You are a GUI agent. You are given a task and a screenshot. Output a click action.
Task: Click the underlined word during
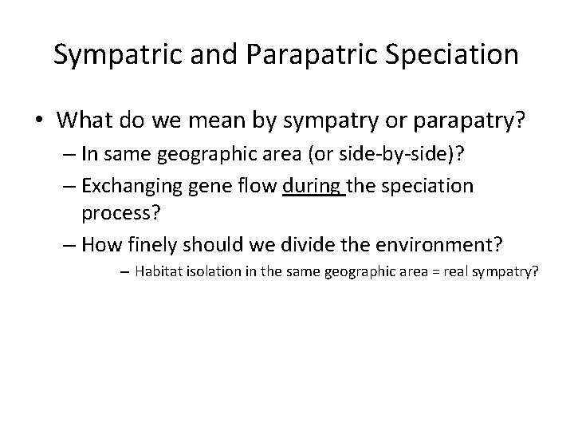[313, 186]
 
